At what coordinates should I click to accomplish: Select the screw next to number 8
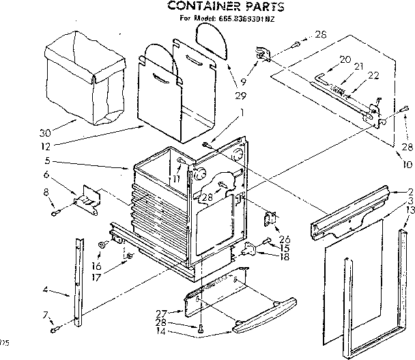pyautogui.click(x=55, y=212)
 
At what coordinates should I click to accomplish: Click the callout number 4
pyautogui.click(x=46, y=290)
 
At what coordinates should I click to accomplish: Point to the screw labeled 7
pyautogui.click(x=54, y=331)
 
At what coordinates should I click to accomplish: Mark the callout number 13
pyautogui.click(x=409, y=210)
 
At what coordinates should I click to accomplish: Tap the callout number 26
pyautogui.click(x=284, y=239)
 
